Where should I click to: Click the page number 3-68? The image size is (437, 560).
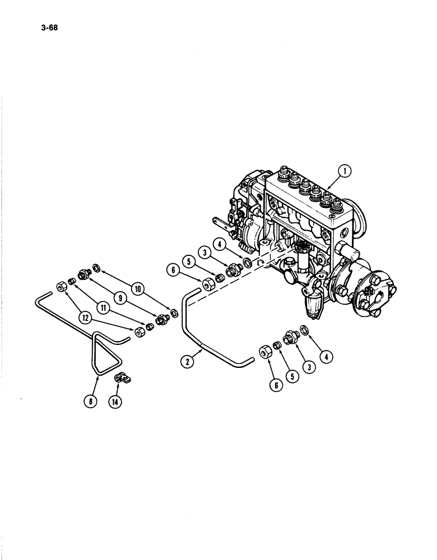[50, 25]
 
